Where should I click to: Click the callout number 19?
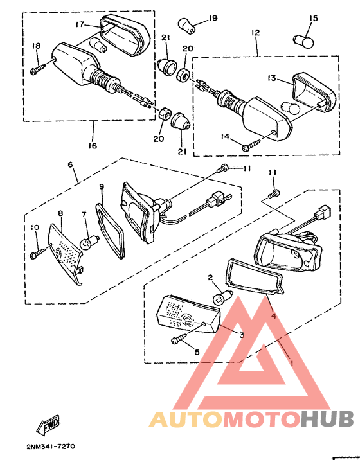pyautogui.click(x=213, y=18)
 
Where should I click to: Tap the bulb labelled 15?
pyautogui.click(x=303, y=41)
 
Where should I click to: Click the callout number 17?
pyautogui.click(x=80, y=24)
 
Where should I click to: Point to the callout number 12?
pyautogui.click(x=255, y=32)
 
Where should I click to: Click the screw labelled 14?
pyautogui.click(x=252, y=145)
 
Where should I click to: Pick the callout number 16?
pyautogui.click(x=93, y=145)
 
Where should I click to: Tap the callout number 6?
pyautogui.click(x=70, y=164)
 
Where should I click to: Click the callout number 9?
pyautogui.click(x=102, y=186)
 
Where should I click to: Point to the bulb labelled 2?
pyautogui.click(x=222, y=297)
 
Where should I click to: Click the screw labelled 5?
pyautogui.click(x=179, y=338)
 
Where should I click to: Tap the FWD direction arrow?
pyautogui.click(x=48, y=425)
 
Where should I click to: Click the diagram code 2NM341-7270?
pyautogui.click(x=51, y=447)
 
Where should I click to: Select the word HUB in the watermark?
pyautogui.click(x=327, y=419)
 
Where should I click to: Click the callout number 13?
pyautogui.click(x=272, y=78)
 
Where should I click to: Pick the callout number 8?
pyautogui.click(x=60, y=213)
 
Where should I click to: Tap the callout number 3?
pyautogui.click(x=242, y=335)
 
